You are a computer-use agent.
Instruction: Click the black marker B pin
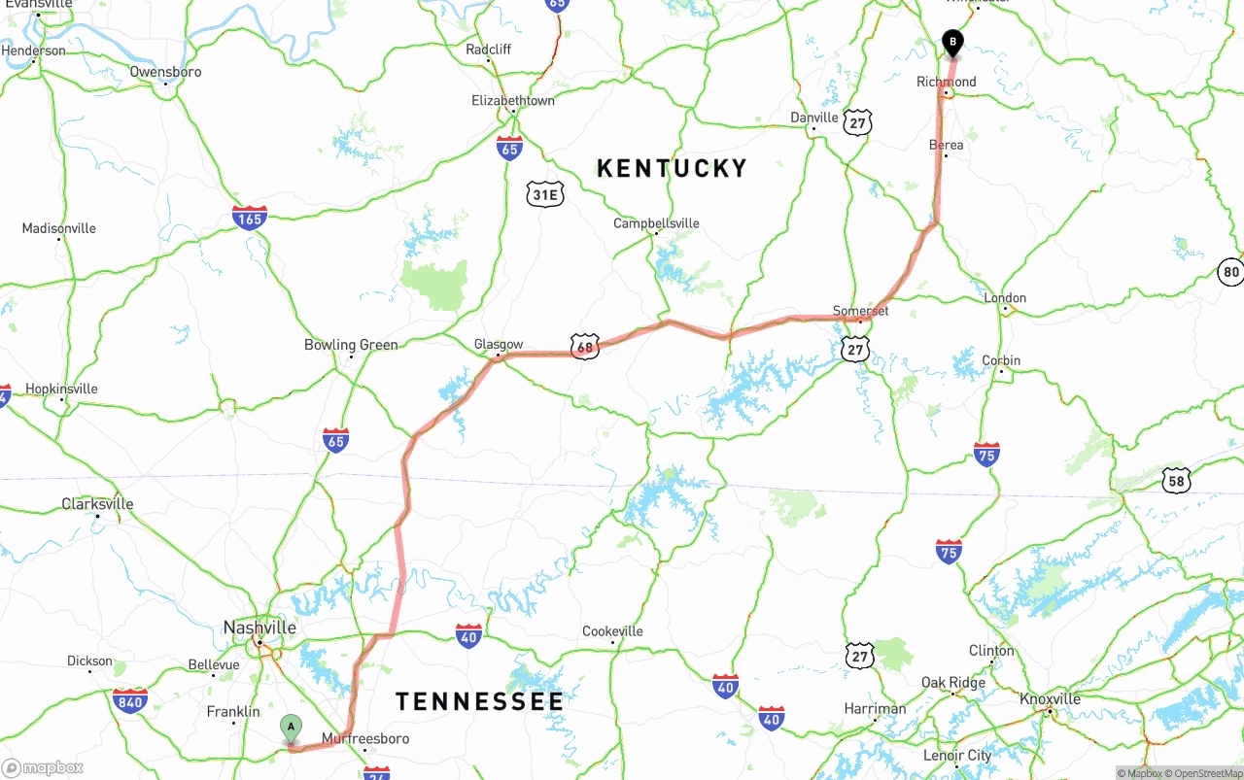[x=953, y=42]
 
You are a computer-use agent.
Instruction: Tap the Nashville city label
[x=259, y=627]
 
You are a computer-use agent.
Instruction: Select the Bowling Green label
[x=351, y=345]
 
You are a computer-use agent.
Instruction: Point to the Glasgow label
[x=499, y=345]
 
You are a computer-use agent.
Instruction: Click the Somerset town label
[x=861, y=311]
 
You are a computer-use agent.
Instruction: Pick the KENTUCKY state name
[x=672, y=168]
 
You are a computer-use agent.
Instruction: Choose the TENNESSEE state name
[x=479, y=701]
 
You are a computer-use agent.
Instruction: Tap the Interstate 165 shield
[x=250, y=217]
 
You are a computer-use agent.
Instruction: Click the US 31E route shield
[x=545, y=194]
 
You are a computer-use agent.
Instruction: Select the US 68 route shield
[x=584, y=347]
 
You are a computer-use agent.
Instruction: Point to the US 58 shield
[x=1177, y=480]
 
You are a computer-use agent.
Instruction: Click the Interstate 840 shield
[x=129, y=700]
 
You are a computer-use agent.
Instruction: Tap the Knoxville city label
[x=1050, y=699]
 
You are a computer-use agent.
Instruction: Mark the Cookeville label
[x=612, y=631]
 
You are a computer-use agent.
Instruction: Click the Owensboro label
[x=165, y=72]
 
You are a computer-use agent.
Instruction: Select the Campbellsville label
[x=656, y=223]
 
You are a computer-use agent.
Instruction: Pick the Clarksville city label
[x=97, y=504]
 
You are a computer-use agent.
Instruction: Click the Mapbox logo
[x=42, y=767]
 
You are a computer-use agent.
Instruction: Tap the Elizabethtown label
[x=513, y=101]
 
